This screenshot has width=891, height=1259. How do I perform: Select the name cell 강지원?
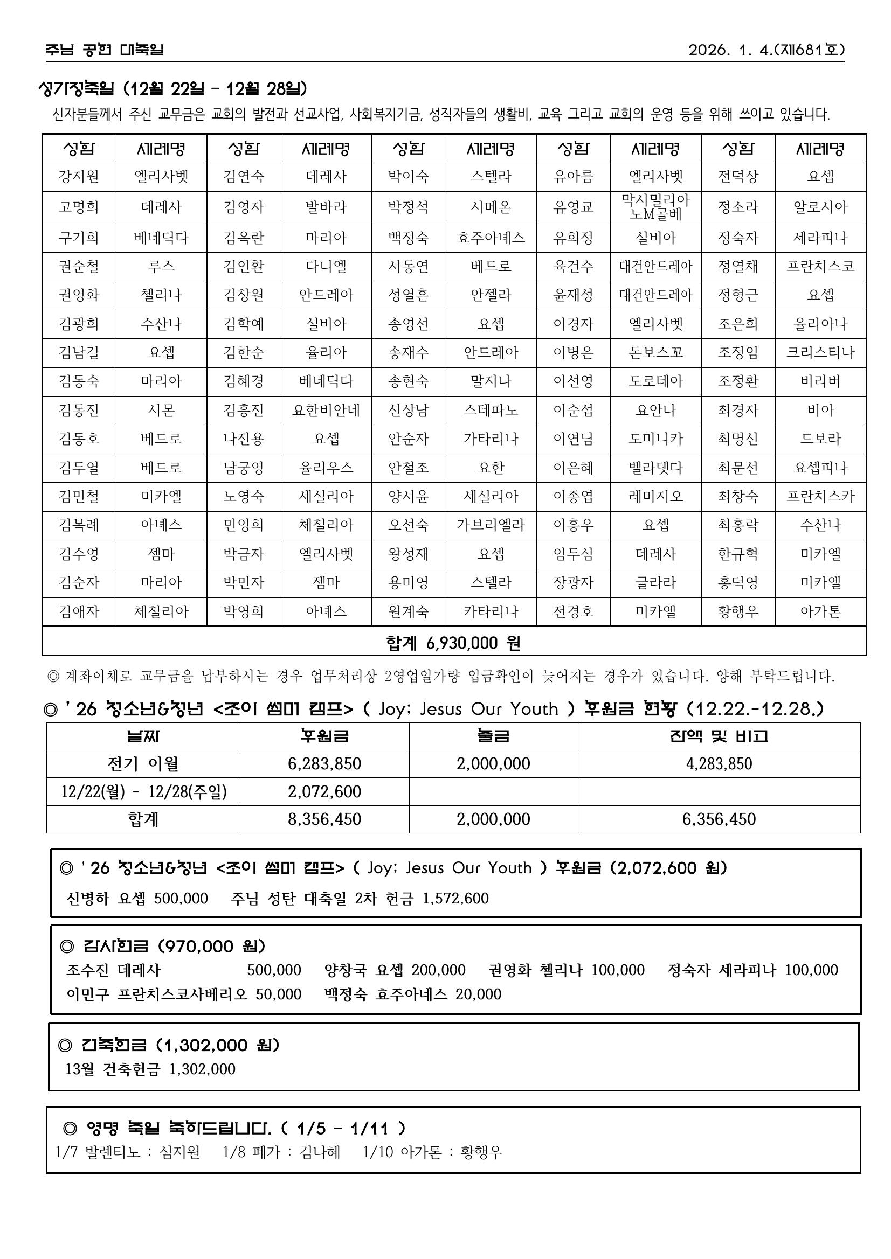tap(79, 177)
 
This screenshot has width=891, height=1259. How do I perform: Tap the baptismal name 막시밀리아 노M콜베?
tap(655, 207)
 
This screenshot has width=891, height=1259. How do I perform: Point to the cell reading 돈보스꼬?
tap(655, 352)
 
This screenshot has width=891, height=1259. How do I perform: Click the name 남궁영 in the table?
tap(244, 468)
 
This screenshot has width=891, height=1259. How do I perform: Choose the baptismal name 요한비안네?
tap(326, 410)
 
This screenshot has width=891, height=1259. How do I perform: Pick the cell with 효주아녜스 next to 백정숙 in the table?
tap(491, 238)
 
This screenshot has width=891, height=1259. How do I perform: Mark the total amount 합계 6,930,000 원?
tap(453, 643)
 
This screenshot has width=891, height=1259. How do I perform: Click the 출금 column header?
tap(493, 736)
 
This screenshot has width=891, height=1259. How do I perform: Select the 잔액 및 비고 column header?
tap(719, 736)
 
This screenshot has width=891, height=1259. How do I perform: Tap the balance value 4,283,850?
tap(719, 764)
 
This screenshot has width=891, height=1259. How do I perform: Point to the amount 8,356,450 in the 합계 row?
tap(324, 819)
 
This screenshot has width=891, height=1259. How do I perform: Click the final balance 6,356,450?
tap(719, 819)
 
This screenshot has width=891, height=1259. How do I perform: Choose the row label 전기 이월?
tap(143, 764)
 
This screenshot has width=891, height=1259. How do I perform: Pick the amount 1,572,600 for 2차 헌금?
tap(455, 898)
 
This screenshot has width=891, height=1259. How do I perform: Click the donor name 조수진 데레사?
tap(113, 970)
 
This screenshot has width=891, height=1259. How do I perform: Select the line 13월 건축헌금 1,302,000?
tap(150, 1069)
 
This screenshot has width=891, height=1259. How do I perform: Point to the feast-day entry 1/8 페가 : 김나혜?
tap(281, 1152)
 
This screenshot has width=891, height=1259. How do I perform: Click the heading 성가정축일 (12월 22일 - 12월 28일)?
tap(172, 88)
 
